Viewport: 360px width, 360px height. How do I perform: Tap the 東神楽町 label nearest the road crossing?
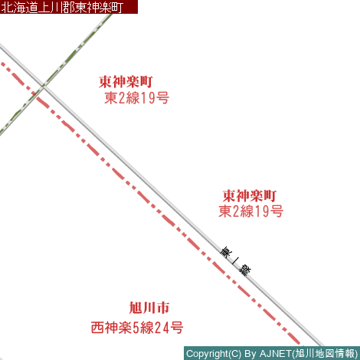click(126, 82)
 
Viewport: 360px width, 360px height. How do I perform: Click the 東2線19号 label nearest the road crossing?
click(136, 98)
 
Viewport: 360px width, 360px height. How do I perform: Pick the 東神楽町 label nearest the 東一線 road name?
click(250, 195)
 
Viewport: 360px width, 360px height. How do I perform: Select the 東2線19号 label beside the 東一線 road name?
click(250, 211)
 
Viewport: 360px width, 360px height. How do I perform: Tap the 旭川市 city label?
click(149, 308)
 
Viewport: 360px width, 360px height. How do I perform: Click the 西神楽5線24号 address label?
click(137, 328)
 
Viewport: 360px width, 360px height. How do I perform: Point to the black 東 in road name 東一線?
click(226, 252)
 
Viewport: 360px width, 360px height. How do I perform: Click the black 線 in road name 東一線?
click(245, 270)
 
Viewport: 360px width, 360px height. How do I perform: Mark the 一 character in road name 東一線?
click(235, 261)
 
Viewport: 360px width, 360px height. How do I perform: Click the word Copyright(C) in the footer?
click(214, 354)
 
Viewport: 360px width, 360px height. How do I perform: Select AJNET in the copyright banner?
click(276, 354)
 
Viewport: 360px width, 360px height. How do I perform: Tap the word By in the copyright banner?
click(250, 354)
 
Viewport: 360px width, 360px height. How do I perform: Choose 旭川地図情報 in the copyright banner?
click(325, 354)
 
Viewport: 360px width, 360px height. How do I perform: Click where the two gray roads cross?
click(44, 87)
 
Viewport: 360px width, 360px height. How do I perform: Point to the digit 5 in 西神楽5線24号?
click(136, 328)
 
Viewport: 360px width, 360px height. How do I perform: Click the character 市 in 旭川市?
click(163, 308)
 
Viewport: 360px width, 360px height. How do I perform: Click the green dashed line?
click(56, 74)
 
